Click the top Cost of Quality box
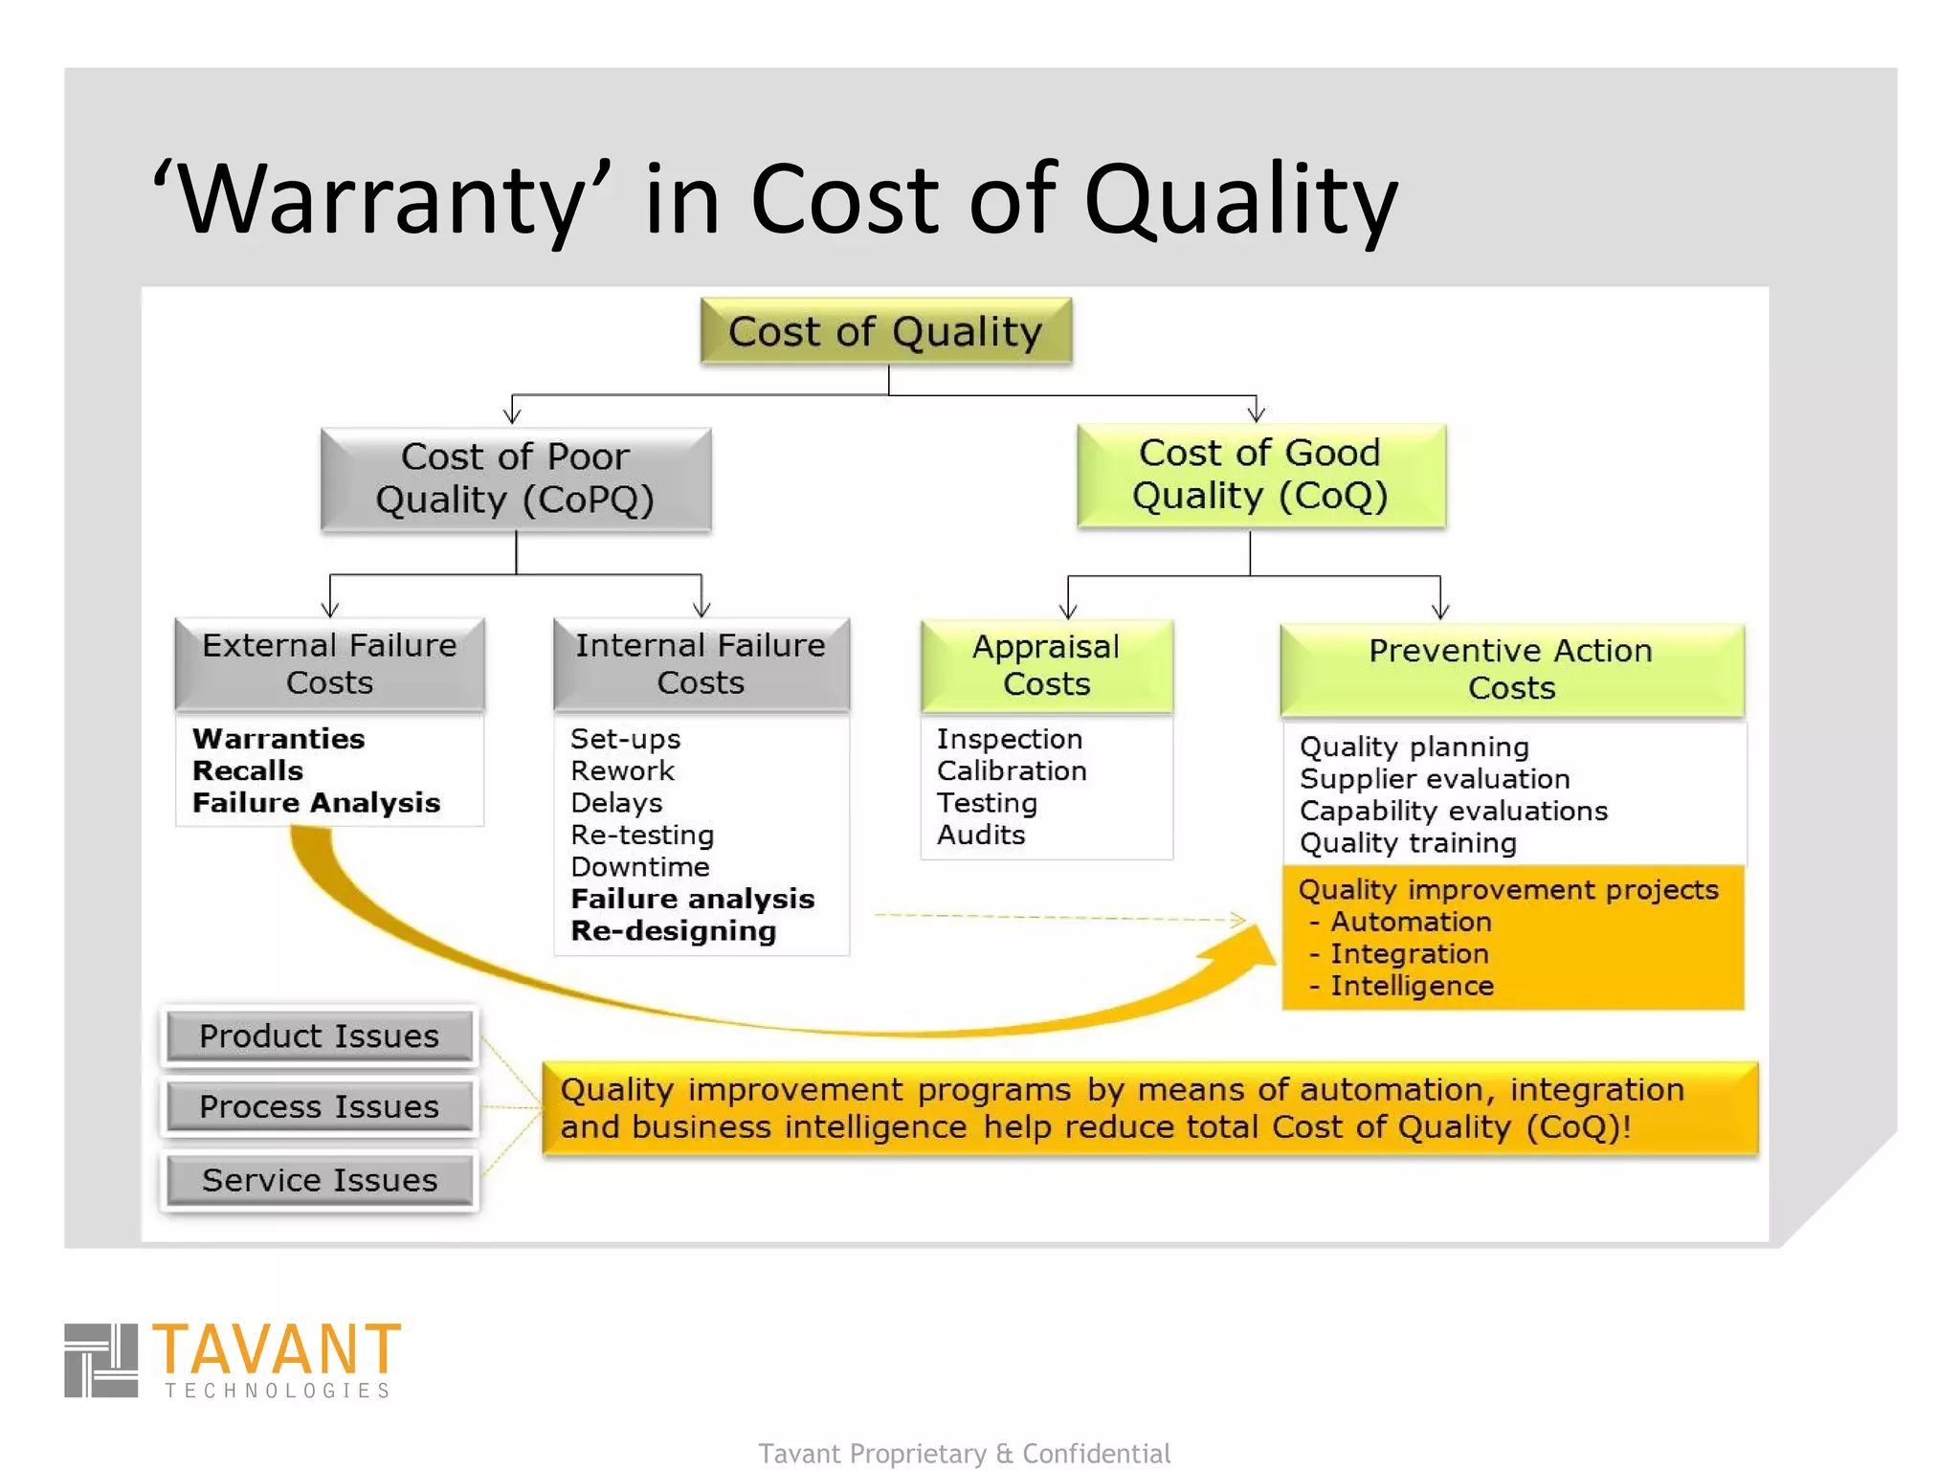[x=885, y=331]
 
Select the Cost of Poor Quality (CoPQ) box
[x=516, y=479]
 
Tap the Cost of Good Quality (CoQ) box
[x=1260, y=475]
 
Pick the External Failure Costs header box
[x=329, y=663]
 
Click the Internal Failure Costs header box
[x=701, y=663]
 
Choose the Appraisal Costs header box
[x=1046, y=665]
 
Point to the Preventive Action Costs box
[x=1511, y=669]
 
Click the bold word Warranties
[x=278, y=739]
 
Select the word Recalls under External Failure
[x=248, y=770]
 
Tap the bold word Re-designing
[x=674, y=931]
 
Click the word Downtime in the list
[x=640, y=867]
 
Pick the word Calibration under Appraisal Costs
[x=1012, y=770]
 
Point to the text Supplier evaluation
[x=1435, y=779]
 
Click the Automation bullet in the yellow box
[x=1410, y=922]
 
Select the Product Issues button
[x=320, y=1036]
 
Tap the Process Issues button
[x=320, y=1107]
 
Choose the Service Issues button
[x=320, y=1180]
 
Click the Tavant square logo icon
[x=100, y=1360]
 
